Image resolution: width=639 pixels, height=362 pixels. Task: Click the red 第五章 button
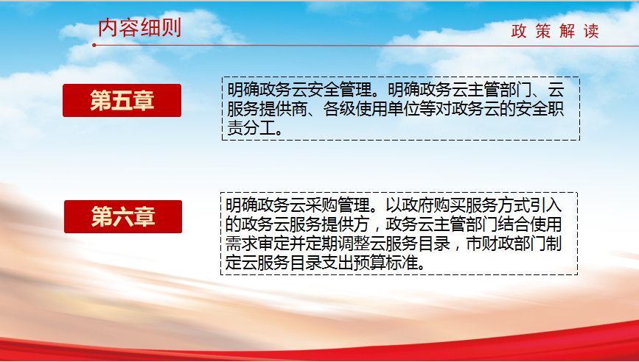pos(122,101)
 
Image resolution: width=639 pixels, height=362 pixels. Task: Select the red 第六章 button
pos(123,216)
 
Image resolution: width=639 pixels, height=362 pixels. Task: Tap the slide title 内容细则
pos(140,28)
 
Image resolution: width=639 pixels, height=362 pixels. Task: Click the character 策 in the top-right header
pos(543,31)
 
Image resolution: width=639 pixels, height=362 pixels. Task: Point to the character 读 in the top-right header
pos(591,31)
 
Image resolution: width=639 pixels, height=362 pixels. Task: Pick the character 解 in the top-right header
pos(567,31)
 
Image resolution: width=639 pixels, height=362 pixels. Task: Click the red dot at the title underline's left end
pos(94,45)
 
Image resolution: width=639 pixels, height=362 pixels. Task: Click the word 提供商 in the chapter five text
pos(283,109)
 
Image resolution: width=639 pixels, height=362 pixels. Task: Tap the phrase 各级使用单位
pos(371,109)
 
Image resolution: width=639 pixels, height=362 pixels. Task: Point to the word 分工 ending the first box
pos(259,129)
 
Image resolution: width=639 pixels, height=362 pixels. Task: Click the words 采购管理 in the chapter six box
pos(338,205)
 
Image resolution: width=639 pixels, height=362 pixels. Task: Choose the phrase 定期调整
pos(338,244)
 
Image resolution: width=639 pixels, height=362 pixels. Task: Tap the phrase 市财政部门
pos(506,244)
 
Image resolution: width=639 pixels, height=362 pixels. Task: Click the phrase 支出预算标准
pos(370,263)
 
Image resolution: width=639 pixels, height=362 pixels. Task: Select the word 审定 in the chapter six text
pos(273,244)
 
